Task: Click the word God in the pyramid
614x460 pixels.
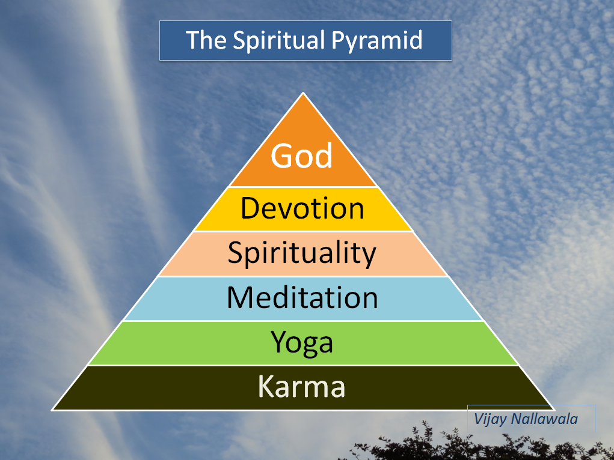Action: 301,156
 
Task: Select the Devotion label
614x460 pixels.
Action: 302,208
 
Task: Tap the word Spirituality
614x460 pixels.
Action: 302,253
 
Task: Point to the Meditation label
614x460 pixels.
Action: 302,298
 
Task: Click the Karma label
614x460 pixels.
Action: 301,387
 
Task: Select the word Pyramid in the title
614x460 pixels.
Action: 377,41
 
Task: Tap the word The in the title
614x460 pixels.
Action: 206,40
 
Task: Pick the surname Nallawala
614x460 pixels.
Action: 544,419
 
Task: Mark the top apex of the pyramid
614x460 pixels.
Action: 302,92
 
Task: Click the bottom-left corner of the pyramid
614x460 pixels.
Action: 52,410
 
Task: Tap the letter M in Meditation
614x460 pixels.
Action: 241,297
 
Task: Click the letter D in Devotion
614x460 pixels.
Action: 250,208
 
